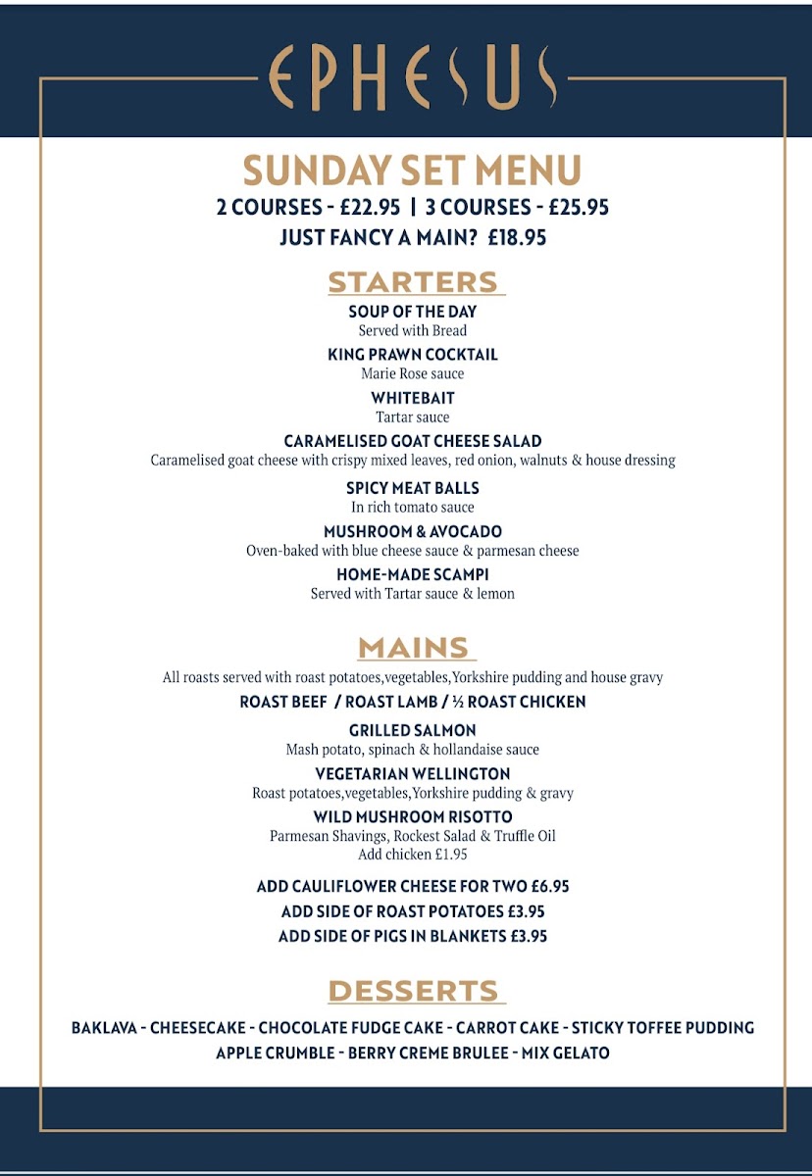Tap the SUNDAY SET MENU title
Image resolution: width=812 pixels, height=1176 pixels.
412,171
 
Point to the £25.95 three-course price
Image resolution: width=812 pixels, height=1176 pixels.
579,207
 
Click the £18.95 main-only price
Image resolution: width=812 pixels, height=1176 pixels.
517,237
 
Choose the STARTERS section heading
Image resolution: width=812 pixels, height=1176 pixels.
413,282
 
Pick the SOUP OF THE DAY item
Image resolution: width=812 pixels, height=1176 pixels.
412,312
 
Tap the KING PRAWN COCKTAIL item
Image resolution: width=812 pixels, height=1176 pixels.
412,355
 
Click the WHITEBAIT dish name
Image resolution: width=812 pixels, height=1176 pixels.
412,398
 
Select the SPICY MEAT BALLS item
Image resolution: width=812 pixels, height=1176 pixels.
412,488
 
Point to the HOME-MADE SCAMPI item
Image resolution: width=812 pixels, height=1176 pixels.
412,574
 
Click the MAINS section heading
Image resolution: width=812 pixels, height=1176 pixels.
413,648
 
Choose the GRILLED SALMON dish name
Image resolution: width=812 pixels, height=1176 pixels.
412,730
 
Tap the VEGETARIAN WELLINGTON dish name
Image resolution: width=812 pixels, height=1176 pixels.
412,774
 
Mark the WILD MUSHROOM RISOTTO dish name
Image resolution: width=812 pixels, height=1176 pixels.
412,817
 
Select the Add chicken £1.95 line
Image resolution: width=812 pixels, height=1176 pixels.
412,855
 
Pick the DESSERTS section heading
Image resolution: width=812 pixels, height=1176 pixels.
413,991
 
